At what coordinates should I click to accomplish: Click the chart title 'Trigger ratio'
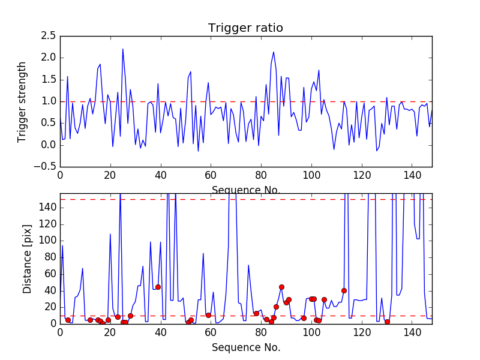pos(245,28)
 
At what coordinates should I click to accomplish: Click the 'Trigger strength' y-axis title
pos(22,101)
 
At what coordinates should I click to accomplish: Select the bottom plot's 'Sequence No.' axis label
pos(246,347)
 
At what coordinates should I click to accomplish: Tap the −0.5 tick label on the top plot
pos(46,167)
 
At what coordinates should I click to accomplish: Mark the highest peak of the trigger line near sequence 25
pos(123,49)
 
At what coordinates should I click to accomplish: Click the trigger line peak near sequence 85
pos(274,52)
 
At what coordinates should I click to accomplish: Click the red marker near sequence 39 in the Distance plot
pos(158,287)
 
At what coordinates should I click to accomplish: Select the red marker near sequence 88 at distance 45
pos(281,287)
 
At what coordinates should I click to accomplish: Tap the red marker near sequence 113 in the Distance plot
pos(344,290)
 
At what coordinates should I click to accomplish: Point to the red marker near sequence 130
pos(387,322)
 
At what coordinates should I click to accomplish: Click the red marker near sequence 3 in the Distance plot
pos(68,320)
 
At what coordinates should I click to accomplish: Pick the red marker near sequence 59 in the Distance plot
pos(208,315)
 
